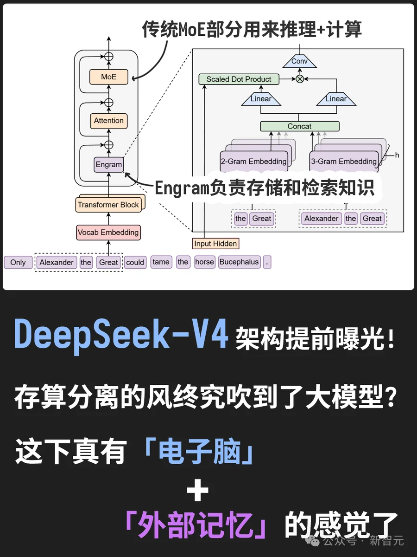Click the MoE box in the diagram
tap(109, 77)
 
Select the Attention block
tap(109, 121)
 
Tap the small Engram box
tap(109, 164)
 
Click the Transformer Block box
tap(108, 205)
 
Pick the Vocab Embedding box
tap(108, 233)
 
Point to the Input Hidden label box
tap(215, 244)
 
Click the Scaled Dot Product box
tap(239, 79)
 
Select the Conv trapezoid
tap(299, 61)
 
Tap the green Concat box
tap(299, 126)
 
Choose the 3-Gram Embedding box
tap(344, 162)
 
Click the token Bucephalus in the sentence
tap(239, 262)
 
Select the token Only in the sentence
tap(18, 262)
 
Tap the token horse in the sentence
tap(204, 262)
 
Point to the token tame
tap(161, 262)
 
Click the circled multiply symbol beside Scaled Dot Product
tap(300, 79)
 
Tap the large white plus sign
tap(197, 492)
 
